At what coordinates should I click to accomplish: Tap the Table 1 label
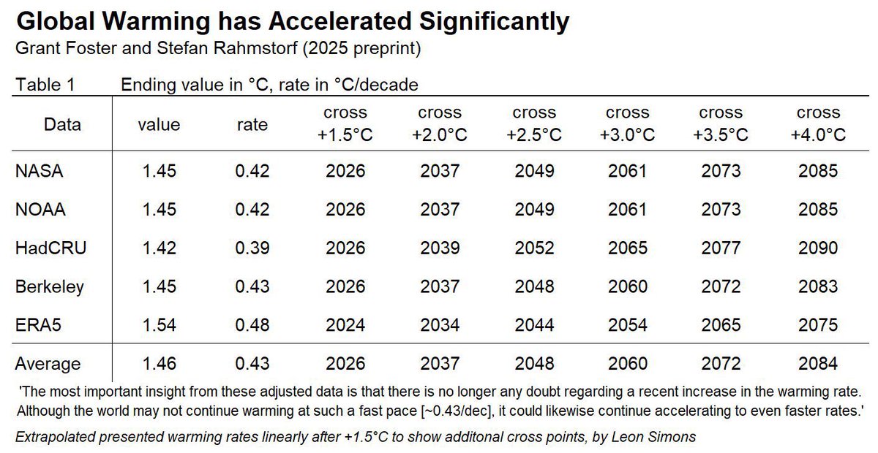point(45,85)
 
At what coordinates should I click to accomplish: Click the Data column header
point(62,125)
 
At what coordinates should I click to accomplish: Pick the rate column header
point(253,125)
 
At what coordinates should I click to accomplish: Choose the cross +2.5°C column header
point(533,124)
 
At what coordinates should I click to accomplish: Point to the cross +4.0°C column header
point(818,124)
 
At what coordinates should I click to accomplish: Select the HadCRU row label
point(50,248)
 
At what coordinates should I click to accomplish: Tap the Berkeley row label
point(50,286)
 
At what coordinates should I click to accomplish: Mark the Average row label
point(48,363)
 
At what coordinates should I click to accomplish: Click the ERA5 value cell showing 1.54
point(159,324)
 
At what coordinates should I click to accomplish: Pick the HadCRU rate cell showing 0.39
point(253,248)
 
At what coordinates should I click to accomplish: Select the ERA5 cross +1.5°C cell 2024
point(345,324)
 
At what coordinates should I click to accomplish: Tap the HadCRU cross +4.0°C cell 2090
point(818,248)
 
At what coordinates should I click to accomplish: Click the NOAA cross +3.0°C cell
point(627,210)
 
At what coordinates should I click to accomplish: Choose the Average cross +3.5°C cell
point(721,363)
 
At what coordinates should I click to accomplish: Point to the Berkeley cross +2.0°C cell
point(440,286)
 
